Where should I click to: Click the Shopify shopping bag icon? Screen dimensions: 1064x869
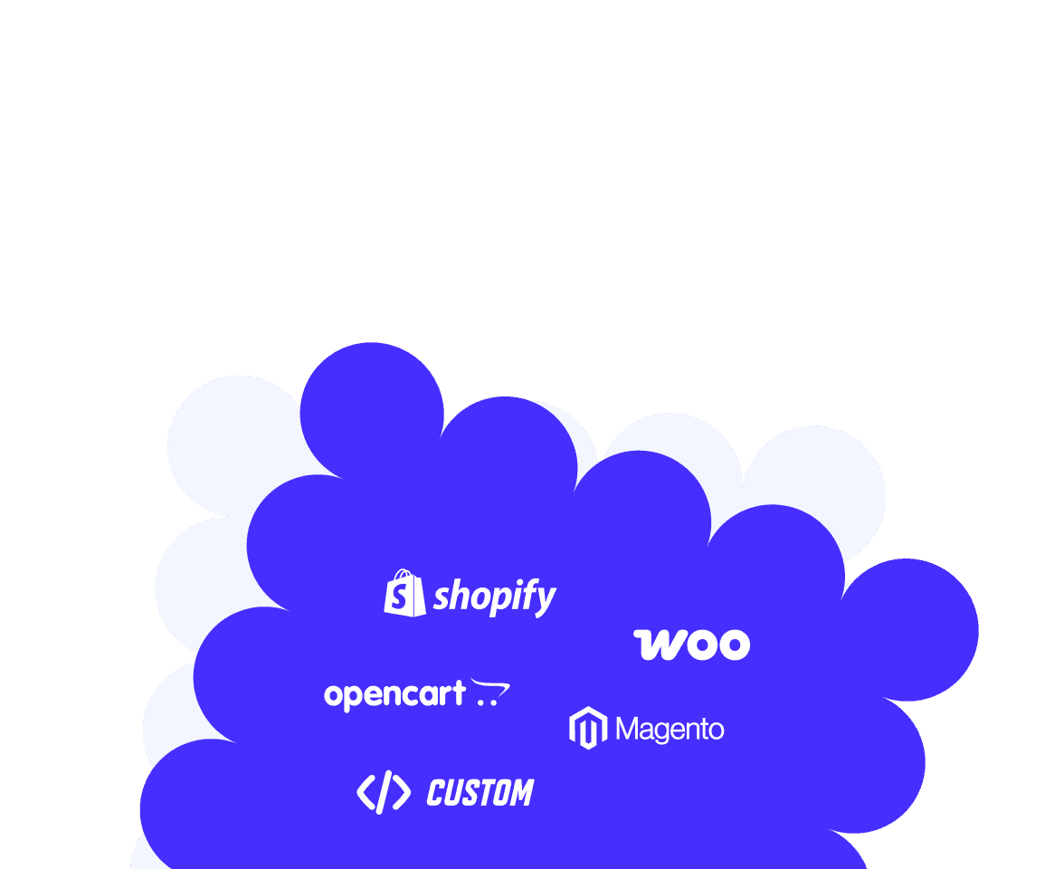[404, 594]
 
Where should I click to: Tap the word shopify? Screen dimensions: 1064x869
[495, 597]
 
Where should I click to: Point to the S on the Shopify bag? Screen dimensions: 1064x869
[400, 597]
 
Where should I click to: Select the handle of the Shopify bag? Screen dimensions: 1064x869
[404, 574]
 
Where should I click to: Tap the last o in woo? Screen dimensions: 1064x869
[734, 645]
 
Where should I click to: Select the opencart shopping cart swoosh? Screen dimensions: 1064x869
[491, 687]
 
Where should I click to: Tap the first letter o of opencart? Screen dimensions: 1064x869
[333, 695]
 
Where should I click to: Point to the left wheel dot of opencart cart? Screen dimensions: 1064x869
[481, 702]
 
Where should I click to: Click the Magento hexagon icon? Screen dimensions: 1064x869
[588, 728]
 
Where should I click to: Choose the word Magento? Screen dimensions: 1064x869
[670, 730]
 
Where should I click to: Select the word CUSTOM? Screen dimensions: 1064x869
[480, 793]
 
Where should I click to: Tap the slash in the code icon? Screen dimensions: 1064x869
[384, 792]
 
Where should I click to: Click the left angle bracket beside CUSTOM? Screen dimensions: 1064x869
[366, 792]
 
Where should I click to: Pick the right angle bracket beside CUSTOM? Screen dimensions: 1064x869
[403, 792]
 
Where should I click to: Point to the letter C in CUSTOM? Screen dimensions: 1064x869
[436, 793]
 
